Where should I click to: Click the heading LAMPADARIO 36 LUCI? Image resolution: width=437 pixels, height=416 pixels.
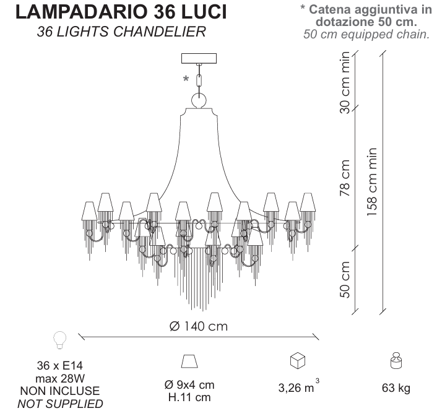click(121, 12)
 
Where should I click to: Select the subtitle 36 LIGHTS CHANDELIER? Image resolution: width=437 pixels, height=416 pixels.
click(121, 32)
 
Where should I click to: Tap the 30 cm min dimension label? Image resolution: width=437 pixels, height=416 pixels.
click(345, 82)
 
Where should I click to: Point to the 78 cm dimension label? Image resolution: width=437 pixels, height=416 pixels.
click(345, 178)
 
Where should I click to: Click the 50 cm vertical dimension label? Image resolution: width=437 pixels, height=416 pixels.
click(345, 280)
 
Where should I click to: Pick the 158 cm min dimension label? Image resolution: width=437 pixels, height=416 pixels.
click(372, 182)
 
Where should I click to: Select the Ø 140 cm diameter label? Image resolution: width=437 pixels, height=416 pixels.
click(199, 326)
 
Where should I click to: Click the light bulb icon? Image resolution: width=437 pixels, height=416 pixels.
click(59, 340)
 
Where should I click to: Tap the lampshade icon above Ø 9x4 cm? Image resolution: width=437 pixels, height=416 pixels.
click(189, 362)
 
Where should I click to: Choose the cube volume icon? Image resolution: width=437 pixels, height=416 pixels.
click(298, 360)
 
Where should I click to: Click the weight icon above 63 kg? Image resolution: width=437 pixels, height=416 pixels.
click(396, 360)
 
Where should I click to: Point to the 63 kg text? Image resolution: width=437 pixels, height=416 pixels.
click(396, 388)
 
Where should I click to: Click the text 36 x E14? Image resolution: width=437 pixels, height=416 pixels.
click(60, 365)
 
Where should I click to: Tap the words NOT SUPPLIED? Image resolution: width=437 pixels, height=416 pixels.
click(60, 404)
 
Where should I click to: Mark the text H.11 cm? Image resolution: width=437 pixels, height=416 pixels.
click(189, 397)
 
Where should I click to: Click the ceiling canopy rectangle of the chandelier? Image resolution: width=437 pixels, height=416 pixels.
click(199, 58)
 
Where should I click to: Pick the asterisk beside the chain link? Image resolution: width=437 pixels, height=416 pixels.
click(186, 79)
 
